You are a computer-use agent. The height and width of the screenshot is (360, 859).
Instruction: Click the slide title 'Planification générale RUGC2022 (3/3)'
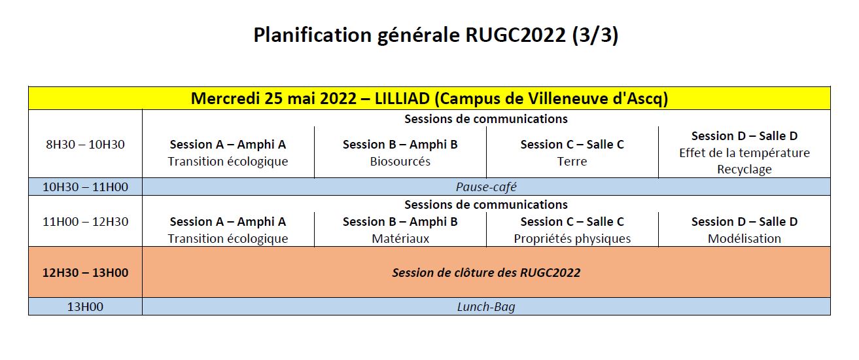(x=436, y=35)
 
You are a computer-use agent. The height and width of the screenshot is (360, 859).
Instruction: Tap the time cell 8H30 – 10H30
(x=85, y=144)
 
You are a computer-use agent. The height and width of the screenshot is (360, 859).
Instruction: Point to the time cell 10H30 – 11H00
(x=85, y=187)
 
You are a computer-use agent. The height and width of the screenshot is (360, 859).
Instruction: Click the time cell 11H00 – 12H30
(x=85, y=221)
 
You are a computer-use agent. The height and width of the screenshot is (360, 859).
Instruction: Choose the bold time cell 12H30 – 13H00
(x=85, y=272)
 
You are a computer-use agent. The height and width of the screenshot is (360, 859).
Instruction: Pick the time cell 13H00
(x=85, y=306)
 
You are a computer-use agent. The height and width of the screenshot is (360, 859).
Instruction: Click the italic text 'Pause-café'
(x=486, y=187)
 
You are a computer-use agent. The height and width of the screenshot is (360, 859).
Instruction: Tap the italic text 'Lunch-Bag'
(x=486, y=306)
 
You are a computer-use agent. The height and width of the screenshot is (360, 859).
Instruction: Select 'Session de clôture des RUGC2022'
(x=486, y=272)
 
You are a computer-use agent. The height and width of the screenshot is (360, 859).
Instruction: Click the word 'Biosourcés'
(x=400, y=161)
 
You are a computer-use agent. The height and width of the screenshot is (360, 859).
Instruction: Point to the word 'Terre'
(x=572, y=161)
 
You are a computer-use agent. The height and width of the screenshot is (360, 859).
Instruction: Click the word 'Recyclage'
(x=745, y=170)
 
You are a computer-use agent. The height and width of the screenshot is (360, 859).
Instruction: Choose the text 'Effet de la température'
(x=745, y=153)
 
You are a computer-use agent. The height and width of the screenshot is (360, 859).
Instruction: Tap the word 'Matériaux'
(x=400, y=238)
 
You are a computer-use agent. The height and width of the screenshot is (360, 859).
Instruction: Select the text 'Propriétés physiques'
(x=572, y=238)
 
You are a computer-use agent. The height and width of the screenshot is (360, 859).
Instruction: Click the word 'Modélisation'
(x=745, y=238)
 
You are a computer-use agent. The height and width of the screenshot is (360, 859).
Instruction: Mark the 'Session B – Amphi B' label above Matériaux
(x=400, y=221)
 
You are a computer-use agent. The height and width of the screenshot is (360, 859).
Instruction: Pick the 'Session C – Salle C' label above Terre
(x=572, y=144)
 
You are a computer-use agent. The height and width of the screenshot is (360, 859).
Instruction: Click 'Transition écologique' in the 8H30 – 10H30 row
(x=228, y=161)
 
